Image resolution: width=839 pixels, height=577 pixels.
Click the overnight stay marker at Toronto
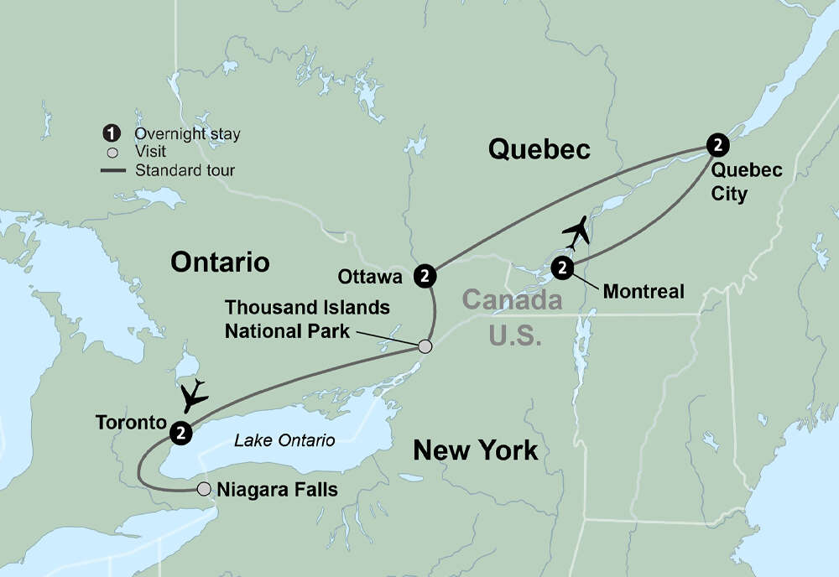coord(180,433)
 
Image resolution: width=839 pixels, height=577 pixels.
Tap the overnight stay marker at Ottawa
coord(426,275)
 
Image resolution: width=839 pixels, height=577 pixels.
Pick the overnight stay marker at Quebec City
coord(717,145)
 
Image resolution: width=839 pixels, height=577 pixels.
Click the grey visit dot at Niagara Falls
coord(203,488)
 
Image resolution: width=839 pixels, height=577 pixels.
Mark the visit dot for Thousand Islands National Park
coord(425,346)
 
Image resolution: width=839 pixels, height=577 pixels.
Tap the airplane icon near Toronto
coord(194,395)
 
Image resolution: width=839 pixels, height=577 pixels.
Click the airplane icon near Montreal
coord(575,232)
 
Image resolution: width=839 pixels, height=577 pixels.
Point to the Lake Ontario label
coord(284,440)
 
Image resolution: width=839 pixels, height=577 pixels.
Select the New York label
coord(475,452)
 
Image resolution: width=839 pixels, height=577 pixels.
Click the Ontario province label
coord(220,262)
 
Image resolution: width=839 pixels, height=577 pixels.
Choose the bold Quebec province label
coord(539,150)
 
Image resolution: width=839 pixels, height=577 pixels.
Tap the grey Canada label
coord(512,300)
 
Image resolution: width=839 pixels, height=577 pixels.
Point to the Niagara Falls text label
coord(277,489)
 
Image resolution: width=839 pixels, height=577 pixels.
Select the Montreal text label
coord(644,292)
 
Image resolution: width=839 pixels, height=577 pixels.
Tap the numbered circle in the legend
coord(110,134)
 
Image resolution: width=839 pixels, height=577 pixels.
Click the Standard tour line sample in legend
coord(113,170)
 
